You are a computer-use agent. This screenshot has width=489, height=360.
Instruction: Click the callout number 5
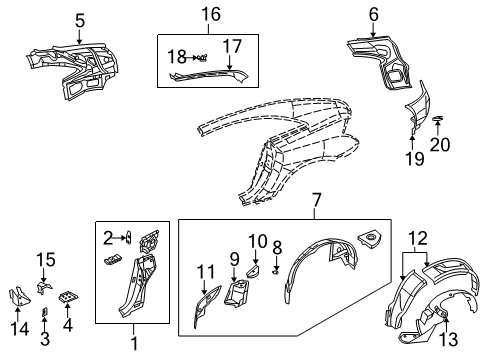click(x=80, y=18)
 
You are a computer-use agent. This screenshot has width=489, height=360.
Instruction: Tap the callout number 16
click(x=209, y=14)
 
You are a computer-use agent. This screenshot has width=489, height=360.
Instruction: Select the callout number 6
click(x=373, y=14)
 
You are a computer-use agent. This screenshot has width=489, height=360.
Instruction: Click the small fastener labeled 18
click(x=200, y=57)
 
